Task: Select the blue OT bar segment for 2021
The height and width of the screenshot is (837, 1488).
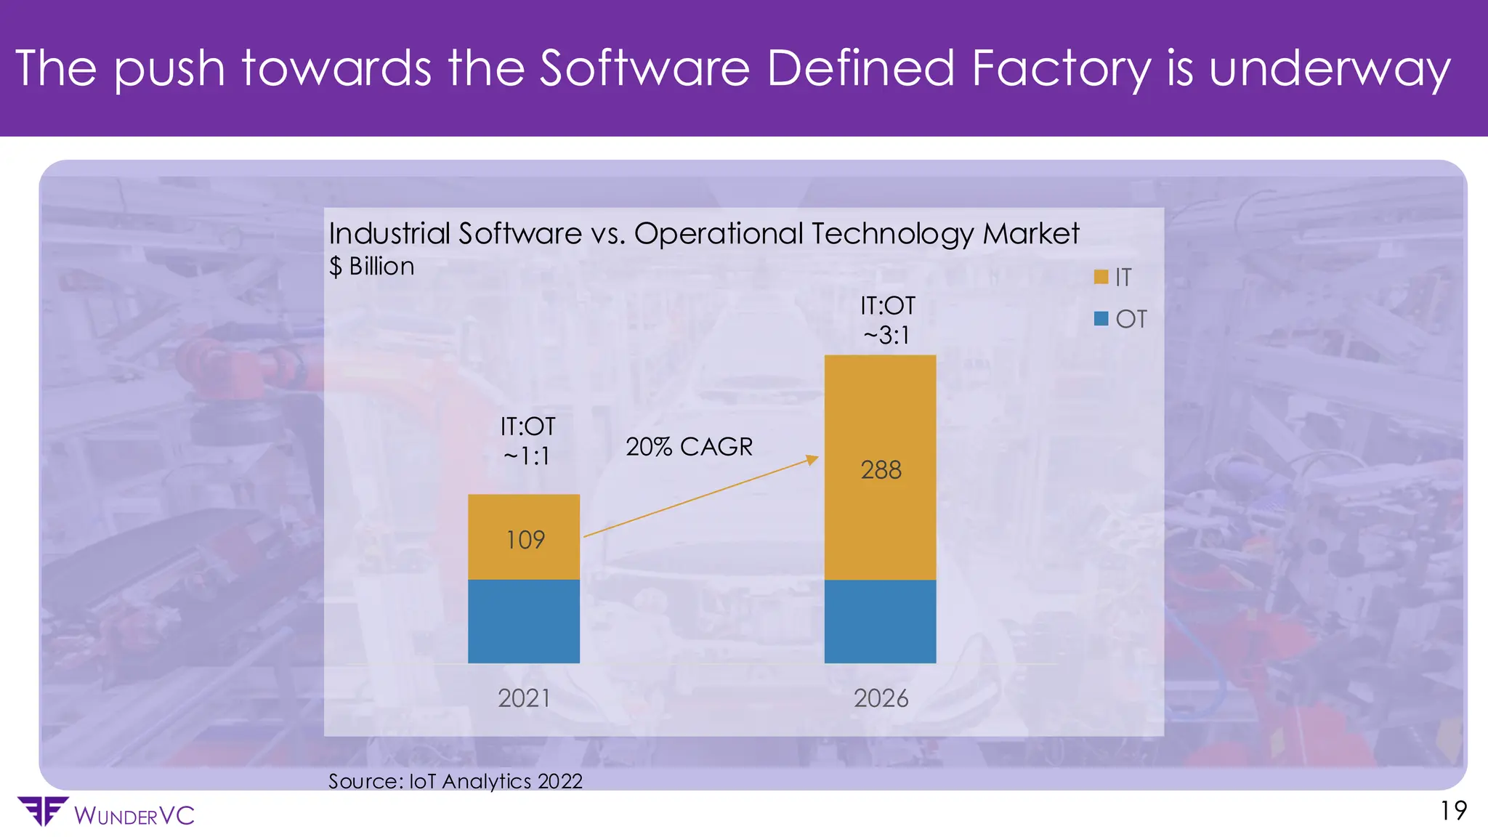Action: [x=524, y=621]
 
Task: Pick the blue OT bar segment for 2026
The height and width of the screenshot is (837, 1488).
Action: [x=880, y=621]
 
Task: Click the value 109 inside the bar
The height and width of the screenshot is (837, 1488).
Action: [x=525, y=540]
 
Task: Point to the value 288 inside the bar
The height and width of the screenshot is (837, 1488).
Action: [x=881, y=470]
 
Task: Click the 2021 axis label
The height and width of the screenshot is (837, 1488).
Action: [x=524, y=698]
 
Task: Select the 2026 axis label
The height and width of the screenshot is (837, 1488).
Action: [x=881, y=698]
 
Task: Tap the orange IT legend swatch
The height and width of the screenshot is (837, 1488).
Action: [x=1101, y=277]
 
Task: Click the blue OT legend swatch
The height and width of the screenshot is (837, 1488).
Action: [x=1101, y=318]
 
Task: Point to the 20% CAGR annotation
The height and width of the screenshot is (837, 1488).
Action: [x=689, y=446]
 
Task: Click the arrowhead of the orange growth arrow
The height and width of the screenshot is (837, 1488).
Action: [x=814, y=459]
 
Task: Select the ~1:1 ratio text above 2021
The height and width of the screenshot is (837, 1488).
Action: [x=527, y=456]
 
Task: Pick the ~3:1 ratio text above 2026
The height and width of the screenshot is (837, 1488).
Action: [x=886, y=336]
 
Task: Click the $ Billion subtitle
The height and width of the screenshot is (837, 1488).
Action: [x=371, y=267]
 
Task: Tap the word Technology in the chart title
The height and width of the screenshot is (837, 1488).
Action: [x=892, y=234]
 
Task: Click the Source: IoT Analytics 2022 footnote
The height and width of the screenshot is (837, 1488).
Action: [x=456, y=781]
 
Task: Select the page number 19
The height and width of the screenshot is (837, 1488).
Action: [x=1453, y=811]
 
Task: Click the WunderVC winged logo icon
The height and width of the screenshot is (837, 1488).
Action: [x=42, y=811]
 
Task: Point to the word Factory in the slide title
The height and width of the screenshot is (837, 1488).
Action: [x=1061, y=68]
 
